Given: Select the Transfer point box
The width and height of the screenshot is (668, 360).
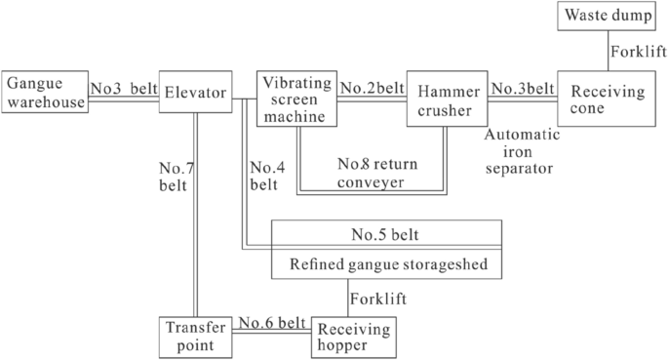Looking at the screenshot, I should [197, 336].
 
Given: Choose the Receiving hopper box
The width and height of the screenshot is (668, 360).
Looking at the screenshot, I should [354, 337].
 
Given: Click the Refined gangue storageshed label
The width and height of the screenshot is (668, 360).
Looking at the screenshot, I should [386, 264].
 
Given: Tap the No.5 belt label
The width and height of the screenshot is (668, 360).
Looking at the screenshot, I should [387, 234].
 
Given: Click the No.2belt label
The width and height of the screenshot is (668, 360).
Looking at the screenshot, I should [372, 88].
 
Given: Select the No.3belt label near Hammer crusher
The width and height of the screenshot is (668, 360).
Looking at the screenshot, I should [522, 88].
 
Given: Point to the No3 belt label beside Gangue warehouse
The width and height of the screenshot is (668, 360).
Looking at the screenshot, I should [122, 88].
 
